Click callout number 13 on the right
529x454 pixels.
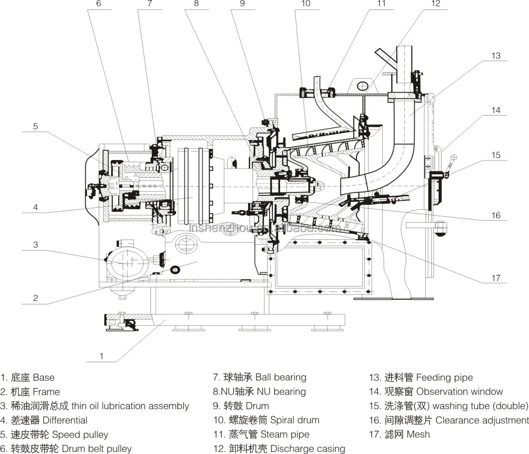click(x=496, y=56)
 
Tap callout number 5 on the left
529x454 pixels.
click(x=35, y=127)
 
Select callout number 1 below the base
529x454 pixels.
click(x=102, y=356)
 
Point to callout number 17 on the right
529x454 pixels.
click(x=496, y=278)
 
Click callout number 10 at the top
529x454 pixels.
click(x=305, y=4)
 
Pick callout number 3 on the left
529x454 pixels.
click(x=35, y=245)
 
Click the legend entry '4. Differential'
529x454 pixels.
click(x=44, y=420)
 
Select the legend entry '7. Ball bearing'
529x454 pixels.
click(x=259, y=377)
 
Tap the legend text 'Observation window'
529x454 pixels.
click(x=459, y=392)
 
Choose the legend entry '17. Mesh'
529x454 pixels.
click(x=399, y=434)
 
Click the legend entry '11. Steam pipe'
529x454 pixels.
click(x=261, y=435)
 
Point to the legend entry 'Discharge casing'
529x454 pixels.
click(x=307, y=449)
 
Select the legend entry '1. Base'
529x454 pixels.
click(x=27, y=378)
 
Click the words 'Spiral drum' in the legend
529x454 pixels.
click(x=294, y=420)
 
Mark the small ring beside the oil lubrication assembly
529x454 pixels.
click(x=176, y=270)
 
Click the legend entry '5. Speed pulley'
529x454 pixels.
click(x=54, y=435)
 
